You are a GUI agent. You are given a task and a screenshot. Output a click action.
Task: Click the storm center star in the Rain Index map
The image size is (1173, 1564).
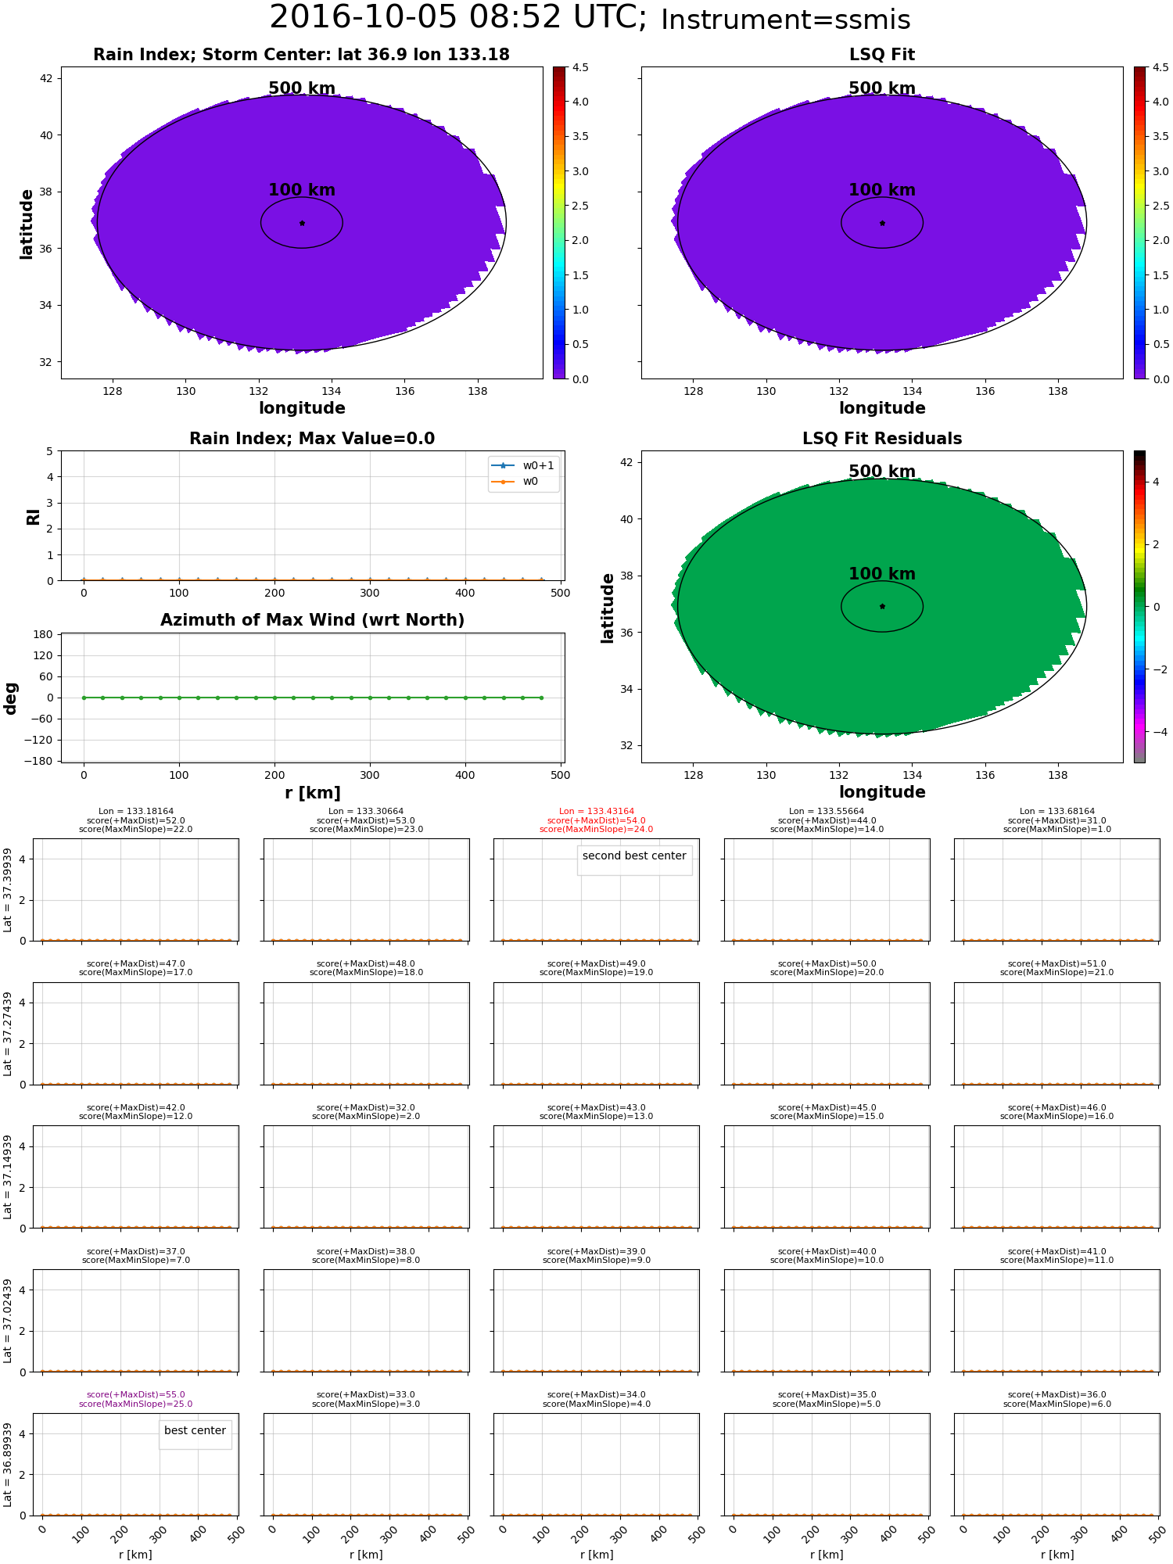click(x=302, y=223)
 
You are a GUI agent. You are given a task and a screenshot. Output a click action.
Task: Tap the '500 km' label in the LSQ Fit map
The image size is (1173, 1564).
click(x=882, y=88)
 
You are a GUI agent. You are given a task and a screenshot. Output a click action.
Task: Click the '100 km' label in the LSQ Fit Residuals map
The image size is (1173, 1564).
click(x=882, y=574)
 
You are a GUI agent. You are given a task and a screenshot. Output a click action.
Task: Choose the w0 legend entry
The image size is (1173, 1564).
click(x=530, y=481)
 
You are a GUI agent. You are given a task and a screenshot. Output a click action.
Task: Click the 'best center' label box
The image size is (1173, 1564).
click(x=195, y=1430)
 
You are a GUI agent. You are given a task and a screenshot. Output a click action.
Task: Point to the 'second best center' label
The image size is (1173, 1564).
click(x=634, y=856)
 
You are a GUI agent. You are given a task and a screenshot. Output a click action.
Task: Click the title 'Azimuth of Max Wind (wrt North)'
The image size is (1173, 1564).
click(x=312, y=620)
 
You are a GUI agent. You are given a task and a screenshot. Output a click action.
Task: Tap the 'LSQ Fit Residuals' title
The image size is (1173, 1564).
click(x=882, y=439)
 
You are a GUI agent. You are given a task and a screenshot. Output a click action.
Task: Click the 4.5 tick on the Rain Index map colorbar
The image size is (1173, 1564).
click(x=579, y=67)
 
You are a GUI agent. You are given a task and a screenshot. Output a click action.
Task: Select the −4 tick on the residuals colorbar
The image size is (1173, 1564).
click(x=1156, y=732)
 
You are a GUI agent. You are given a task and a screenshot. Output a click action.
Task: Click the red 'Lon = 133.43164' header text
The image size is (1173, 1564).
click(x=596, y=812)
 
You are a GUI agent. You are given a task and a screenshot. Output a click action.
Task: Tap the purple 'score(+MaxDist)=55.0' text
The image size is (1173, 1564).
click(x=135, y=1394)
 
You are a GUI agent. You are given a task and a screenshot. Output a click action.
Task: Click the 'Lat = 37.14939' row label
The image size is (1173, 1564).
click(x=8, y=1177)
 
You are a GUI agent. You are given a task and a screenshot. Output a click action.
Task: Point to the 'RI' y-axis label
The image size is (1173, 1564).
click(x=34, y=517)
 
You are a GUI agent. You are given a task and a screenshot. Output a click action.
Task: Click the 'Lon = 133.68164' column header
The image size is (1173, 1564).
click(x=1056, y=812)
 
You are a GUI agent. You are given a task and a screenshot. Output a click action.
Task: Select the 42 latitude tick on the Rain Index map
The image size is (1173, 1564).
click(x=45, y=78)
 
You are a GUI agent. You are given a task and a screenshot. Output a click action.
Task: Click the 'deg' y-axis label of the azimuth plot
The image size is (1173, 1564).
click(x=11, y=698)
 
